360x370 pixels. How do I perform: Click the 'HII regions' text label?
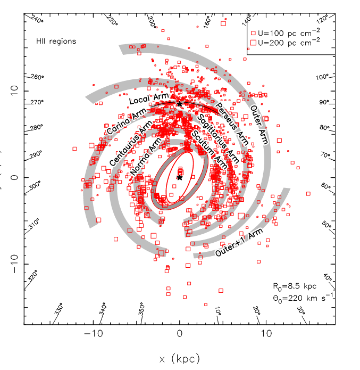click(56, 41)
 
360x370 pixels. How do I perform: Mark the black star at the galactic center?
click(180, 178)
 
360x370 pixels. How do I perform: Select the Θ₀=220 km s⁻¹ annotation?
click(302, 298)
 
